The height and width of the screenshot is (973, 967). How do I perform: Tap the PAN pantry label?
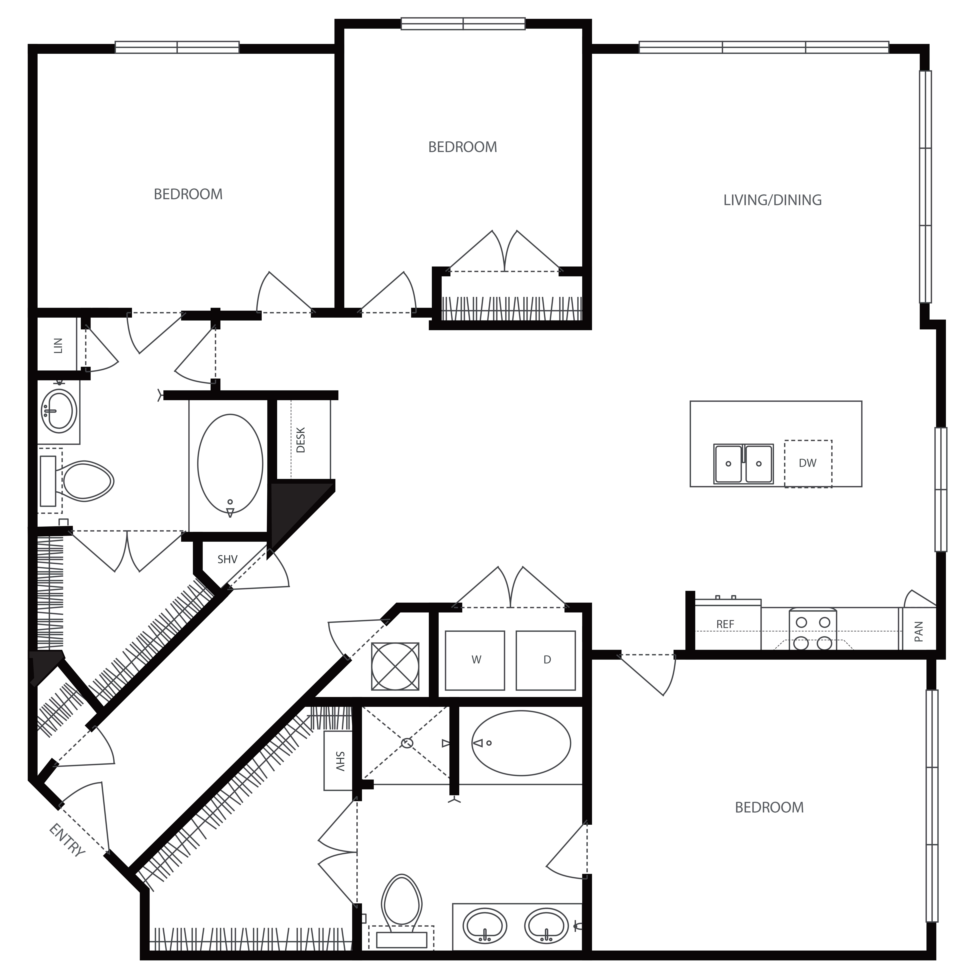click(x=918, y=631)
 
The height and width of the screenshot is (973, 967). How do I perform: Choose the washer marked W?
click(x=475, y=660)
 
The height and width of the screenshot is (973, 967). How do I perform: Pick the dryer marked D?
click(x=546, y=660)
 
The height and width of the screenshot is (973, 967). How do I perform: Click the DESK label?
click(x=301, y=440)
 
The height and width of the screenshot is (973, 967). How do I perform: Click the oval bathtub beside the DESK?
click(x=230, y=463)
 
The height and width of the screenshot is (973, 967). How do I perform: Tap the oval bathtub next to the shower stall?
click(x=521, y=743)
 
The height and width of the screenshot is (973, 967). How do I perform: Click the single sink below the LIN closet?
click(x=59, y=411)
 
